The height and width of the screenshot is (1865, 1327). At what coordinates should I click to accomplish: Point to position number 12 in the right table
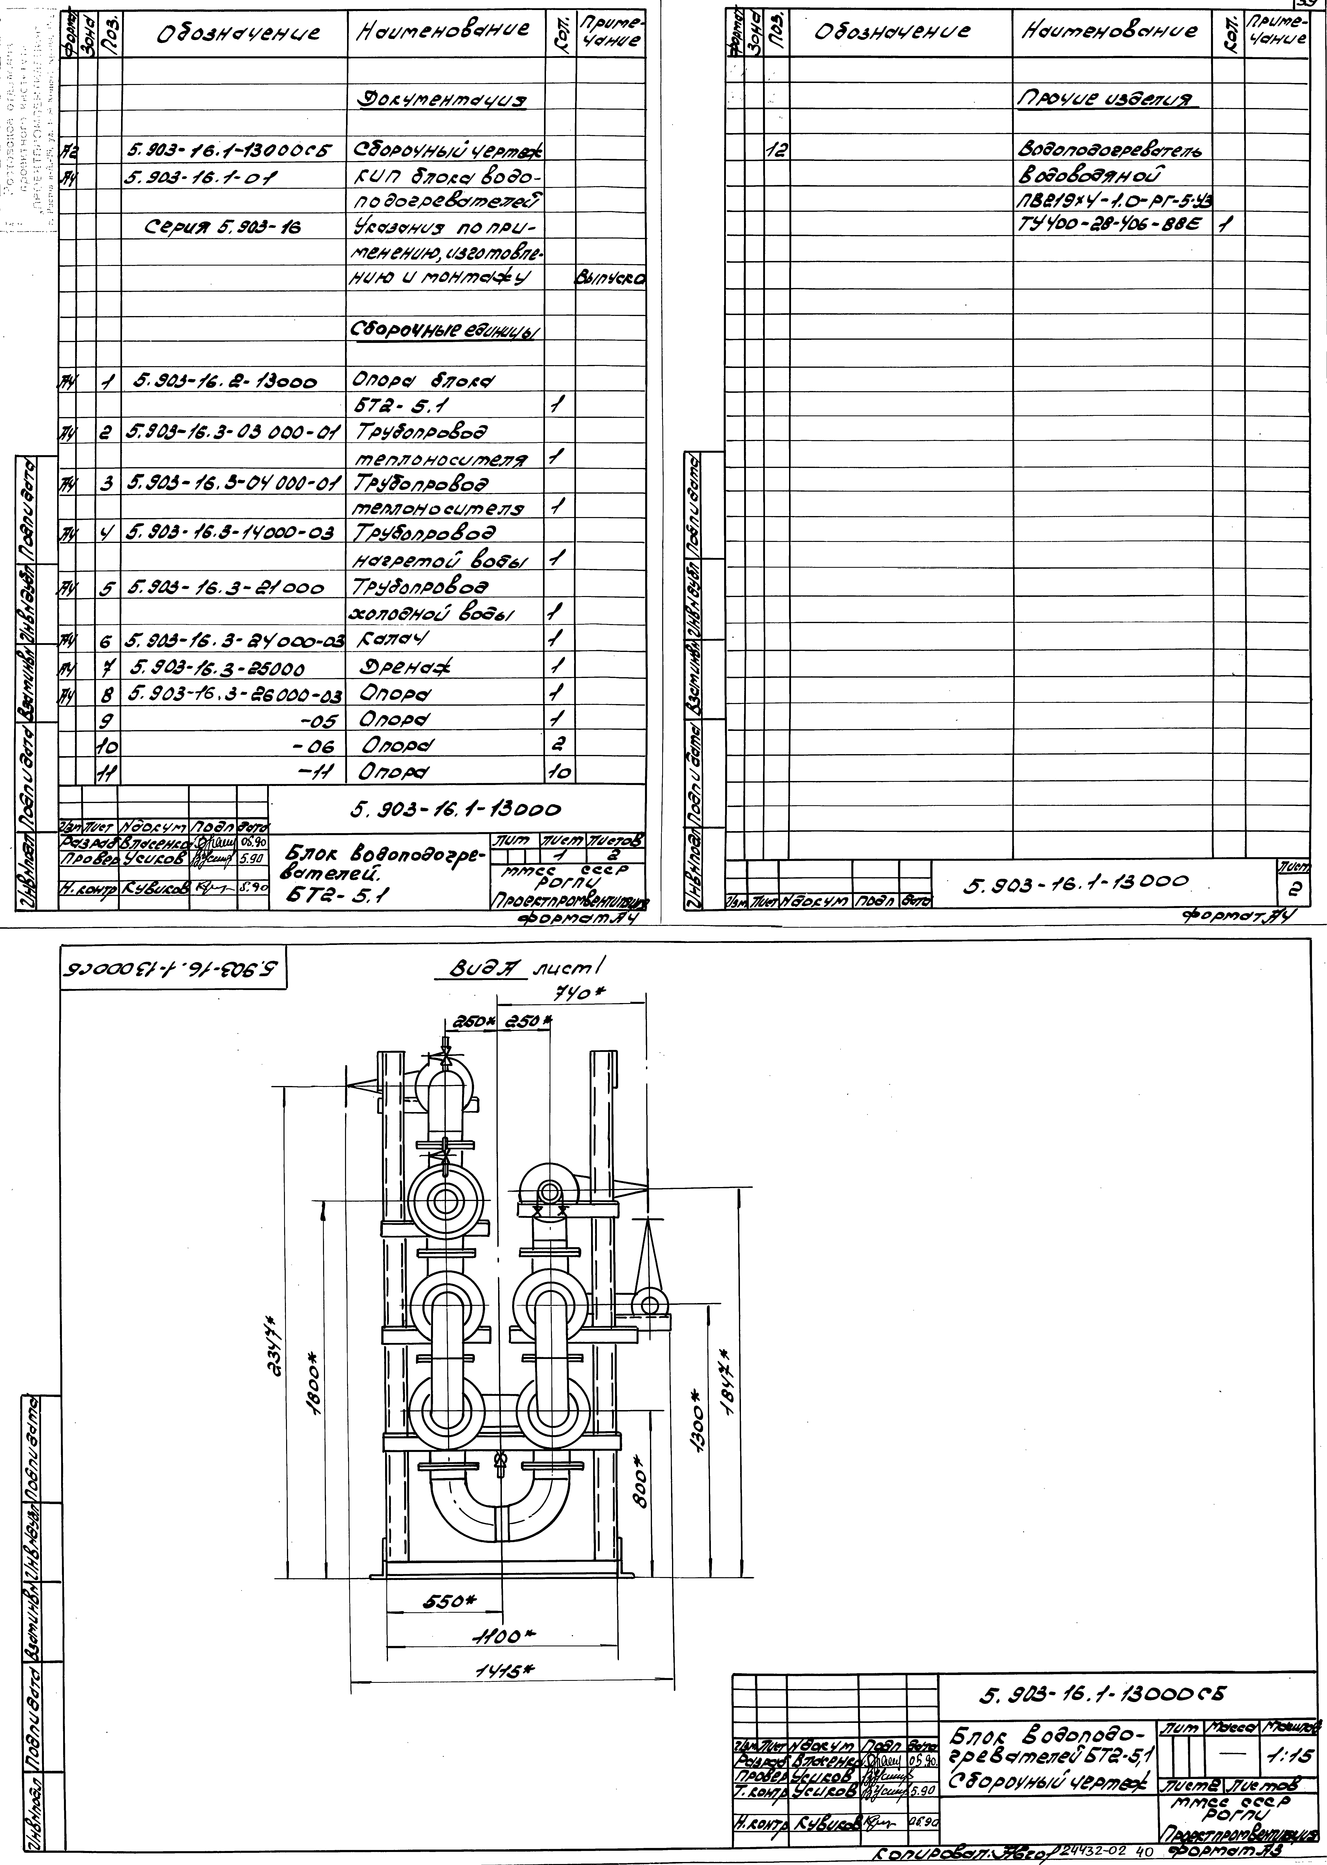[x=777, y=150]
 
